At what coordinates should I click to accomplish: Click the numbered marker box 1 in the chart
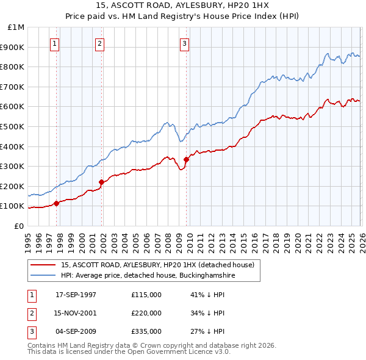point(55,43)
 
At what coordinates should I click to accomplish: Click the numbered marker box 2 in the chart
point(99,43)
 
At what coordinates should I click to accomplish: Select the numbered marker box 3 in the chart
point(184,43)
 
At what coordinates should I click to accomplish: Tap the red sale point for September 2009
point(186,159)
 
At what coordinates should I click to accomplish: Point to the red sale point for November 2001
point(102,182)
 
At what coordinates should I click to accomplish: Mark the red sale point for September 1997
point(57,203)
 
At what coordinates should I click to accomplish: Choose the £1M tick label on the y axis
point(16,27)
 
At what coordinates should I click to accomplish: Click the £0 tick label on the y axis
point(18,226)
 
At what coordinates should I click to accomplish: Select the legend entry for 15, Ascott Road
point(161,265)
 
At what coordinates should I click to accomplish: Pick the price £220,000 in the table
point(146,313)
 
